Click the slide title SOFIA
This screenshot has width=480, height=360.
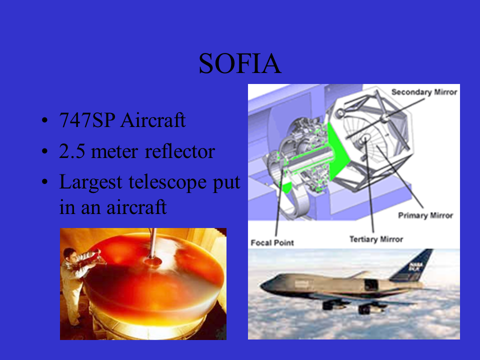click(240, 63)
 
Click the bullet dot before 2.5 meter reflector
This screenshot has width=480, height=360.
click(44, 151)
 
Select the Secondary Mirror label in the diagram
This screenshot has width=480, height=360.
click(424, 92)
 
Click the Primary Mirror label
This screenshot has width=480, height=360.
click(425, 215)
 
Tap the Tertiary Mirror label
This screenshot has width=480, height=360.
click(376, 239)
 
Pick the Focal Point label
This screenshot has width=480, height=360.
click(272, 243)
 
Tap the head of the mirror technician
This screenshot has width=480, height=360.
click(70, 254)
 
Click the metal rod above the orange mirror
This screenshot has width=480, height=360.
click(153, 243)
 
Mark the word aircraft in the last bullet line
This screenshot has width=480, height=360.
click(136, 207)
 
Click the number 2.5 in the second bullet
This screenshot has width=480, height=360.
click(72, 151)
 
